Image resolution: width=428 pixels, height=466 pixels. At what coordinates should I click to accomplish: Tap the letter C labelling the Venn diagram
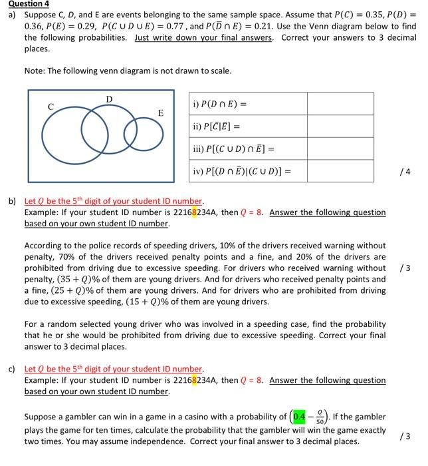[50, 105]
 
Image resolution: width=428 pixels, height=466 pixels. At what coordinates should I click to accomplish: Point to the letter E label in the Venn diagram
[160, 113]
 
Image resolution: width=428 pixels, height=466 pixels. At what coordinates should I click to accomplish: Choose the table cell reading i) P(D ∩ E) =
[248, 104]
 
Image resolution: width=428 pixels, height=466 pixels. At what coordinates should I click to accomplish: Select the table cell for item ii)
[248, 126]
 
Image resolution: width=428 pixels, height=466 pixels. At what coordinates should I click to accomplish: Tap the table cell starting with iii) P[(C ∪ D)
[248, 149]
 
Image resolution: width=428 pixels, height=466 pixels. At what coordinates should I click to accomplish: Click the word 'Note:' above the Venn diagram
[35, 71]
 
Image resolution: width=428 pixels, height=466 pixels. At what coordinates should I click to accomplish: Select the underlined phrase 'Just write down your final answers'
[204, 38]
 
